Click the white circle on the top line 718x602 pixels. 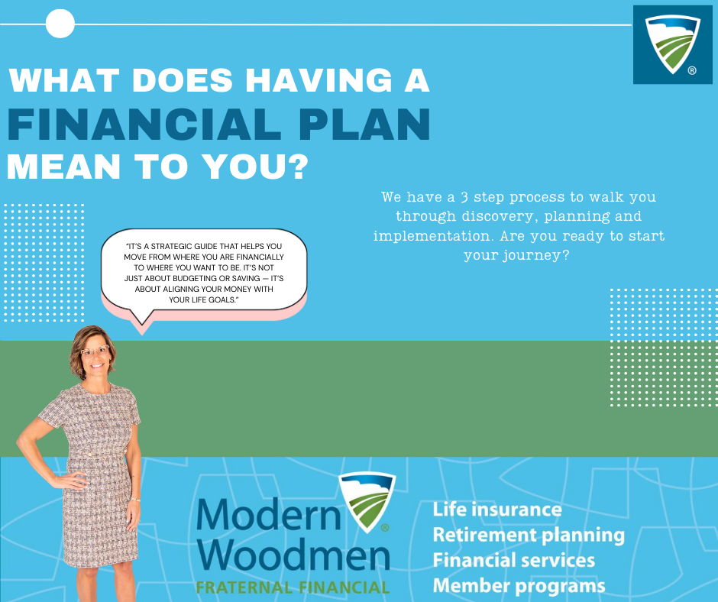pyautogui.click(x=60, y=24)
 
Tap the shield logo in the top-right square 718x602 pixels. pyautogui.click(x=671, y=44)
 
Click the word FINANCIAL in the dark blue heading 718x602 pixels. pyautogui.click(x=144, y=125)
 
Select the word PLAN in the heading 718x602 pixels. pyautogui.click(x=364, y=125)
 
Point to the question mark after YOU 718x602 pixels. pyautogui.click(x=299, y=166)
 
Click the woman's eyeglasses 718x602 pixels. pyautogui.click(x=95, y=351)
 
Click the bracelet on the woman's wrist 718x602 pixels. pyautogui.click(x=134, y=500)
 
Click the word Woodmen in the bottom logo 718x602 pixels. pyautogui.click(x=293, y=555)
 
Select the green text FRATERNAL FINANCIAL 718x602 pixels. pyautogui.click(x=293, y=587)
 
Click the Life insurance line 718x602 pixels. pyautogui.click(x=497, y=510)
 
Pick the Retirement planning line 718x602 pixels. pyautogui.click(x=529, y=536)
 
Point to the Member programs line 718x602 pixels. pyautogui.click(x=519, y=586)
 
